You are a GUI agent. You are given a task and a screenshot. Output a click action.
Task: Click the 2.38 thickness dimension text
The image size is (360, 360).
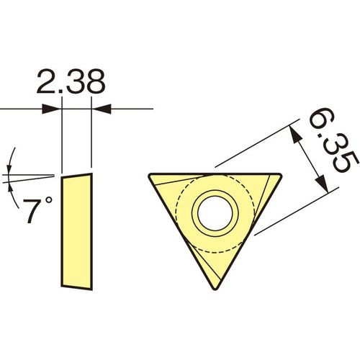71,81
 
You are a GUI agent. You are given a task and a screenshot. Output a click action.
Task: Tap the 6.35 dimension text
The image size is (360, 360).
334,140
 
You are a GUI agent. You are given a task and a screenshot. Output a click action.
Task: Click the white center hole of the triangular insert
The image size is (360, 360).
215,213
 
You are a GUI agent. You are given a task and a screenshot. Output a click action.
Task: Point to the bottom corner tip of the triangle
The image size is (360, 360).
215,289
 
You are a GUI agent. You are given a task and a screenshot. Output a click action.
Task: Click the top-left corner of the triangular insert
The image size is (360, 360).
149,174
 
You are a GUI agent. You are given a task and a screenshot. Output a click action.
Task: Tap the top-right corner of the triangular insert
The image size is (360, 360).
281,174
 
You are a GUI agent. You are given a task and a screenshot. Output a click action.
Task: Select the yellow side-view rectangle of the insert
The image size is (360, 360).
77,231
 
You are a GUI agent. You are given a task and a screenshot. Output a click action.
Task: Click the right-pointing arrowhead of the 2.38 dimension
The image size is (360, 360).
51,109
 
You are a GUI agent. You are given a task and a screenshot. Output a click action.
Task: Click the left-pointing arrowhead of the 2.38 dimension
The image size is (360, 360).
102,109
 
